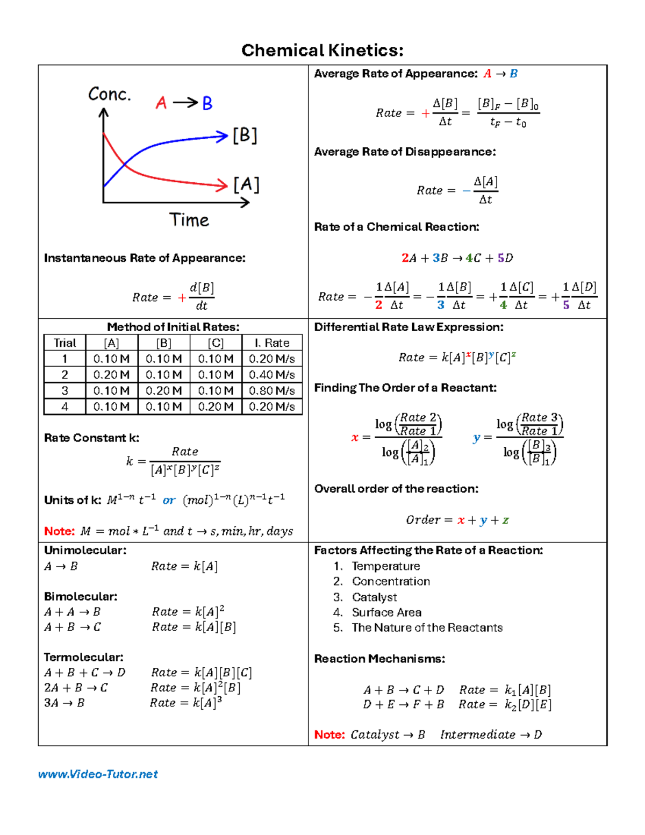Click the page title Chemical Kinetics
pos(322,51)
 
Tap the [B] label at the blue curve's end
pos(245,135)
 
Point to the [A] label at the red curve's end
pos(246,185)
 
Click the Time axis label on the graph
pos(189,220)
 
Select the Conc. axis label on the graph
pos(110,95)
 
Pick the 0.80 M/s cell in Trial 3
pos(271,391)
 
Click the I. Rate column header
pos(271,343)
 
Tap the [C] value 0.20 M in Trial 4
pos(216,407)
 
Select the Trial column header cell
pos(64,343)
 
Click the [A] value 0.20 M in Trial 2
pos(111,375)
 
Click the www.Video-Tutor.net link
pos(98,774)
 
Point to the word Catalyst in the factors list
pos(374,597)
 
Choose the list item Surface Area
pos(386,612)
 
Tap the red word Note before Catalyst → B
pos(329,735)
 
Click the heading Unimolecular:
pos(85,550)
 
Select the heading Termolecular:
pos(83,657)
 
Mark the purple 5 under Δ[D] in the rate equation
pos(566,305)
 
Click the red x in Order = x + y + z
pos(461,520)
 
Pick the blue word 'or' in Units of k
pos(169,501)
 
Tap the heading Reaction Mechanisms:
pos(379,659)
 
